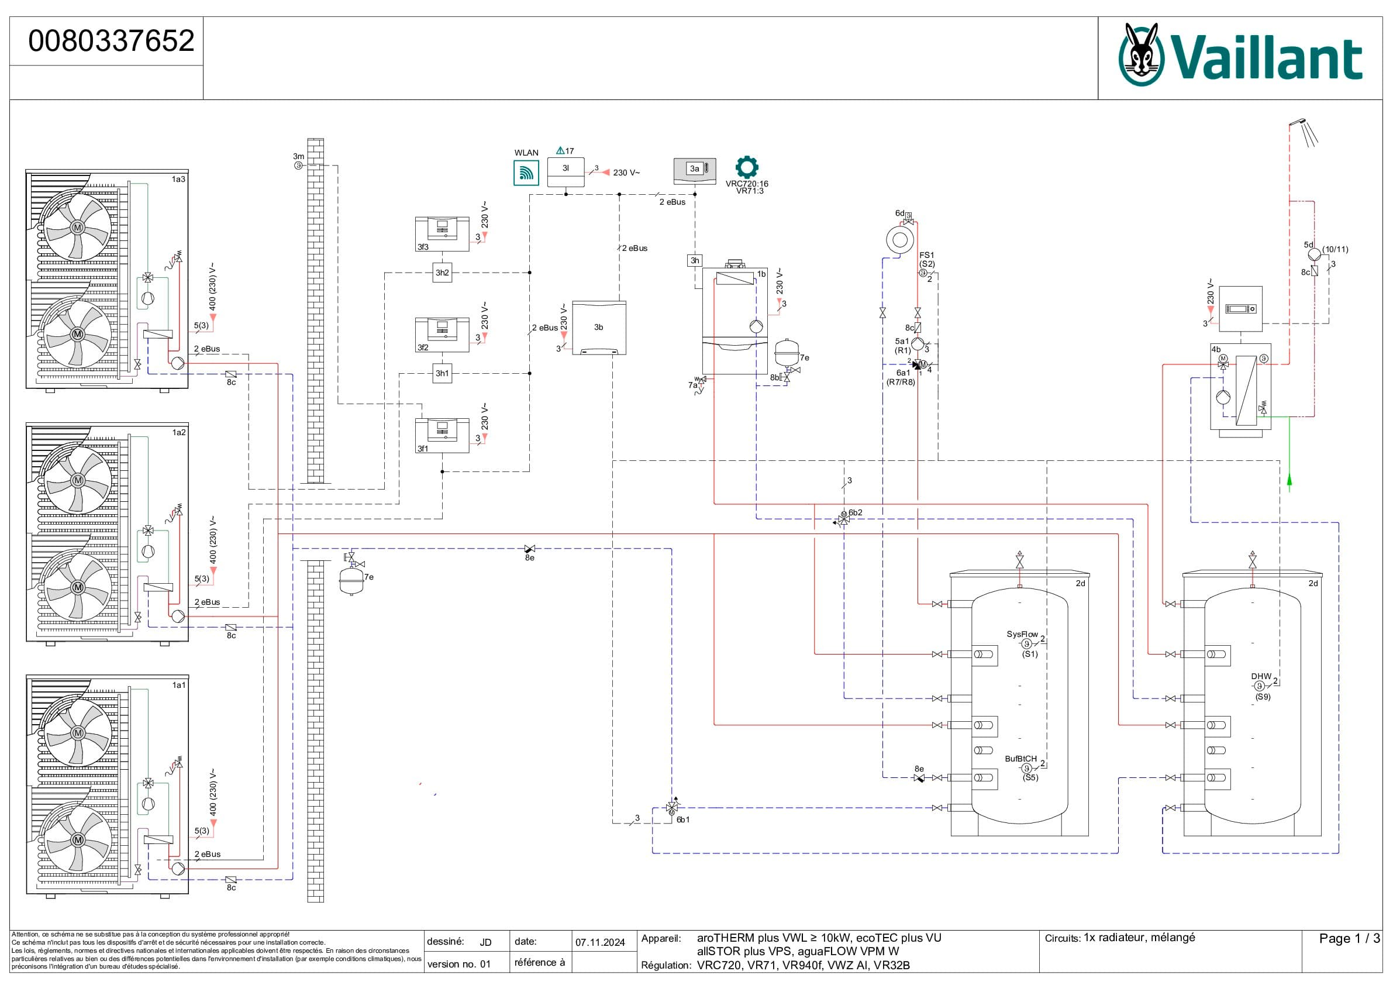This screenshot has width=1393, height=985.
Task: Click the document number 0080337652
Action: tap(111, 41)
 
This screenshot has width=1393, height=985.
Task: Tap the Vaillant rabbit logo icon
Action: tap(1141, 54)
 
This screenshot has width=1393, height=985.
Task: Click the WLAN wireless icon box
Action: tap(526, 173)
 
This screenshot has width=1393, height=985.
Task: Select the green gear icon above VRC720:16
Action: tap(746, 167)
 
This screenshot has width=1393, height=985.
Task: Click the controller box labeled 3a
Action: tap(695, 170)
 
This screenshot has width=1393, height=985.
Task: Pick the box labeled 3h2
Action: tap(442, 273)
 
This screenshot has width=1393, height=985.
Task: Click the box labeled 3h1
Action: tap(442, 373)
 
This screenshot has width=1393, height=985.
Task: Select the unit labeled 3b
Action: tap(599, 328)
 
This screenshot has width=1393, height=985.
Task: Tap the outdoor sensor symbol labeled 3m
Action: tap(298, 166)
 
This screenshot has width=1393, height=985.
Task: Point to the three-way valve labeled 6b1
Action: tap(671, 807)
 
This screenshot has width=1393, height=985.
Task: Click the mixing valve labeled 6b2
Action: tap(843, 519)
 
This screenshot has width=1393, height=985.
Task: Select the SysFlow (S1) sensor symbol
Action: tap(1026, 644)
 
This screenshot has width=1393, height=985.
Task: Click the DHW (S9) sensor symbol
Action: tap(1259, 686)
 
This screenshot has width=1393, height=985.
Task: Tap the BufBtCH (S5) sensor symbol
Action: tap(1026, 769)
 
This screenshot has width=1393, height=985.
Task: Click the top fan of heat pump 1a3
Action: tap(78, 228)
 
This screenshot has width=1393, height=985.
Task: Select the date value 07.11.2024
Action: tap(600, 942)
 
